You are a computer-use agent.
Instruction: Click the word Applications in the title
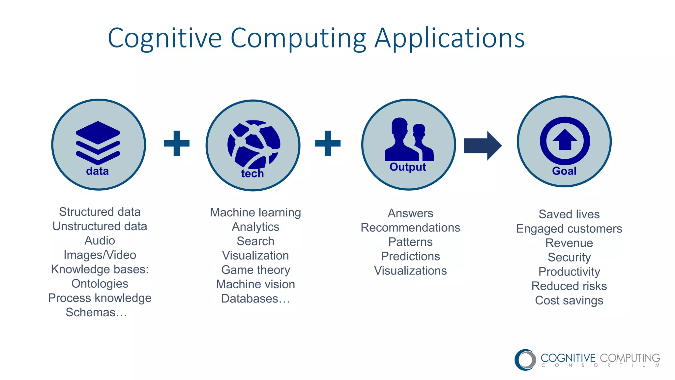(x=450, y=38)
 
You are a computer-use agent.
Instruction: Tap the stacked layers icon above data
(x=98, y=142)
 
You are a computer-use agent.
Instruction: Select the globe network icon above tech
(x=254, y=144)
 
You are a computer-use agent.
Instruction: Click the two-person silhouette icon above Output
(x=409, y=140)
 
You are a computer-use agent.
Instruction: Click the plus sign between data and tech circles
(x=177, y=143)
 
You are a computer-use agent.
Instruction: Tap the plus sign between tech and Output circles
(x=328, y=143)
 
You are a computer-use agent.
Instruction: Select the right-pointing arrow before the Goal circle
(x=483, y=145)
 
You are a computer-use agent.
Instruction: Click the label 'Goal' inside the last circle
(x=564, y=171)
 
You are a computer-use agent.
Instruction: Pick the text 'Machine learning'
(x=255, y=212)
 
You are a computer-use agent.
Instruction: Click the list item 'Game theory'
(x=255, y=270)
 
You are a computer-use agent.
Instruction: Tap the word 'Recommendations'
(x=410, y=228)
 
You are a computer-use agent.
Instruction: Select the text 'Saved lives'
(x=569, y=214)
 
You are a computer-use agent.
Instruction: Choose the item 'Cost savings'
(x=569, y=301)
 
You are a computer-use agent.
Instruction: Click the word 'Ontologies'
(x=100, y=284)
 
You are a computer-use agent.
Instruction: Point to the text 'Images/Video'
(x=100, y=255)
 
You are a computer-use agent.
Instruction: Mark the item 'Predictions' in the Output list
(x=410, y=256)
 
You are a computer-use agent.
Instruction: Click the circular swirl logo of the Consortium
(x=525, y=360)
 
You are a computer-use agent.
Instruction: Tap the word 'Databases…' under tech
(x=255, y=299)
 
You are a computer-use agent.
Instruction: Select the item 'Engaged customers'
(x=569, y=229)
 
